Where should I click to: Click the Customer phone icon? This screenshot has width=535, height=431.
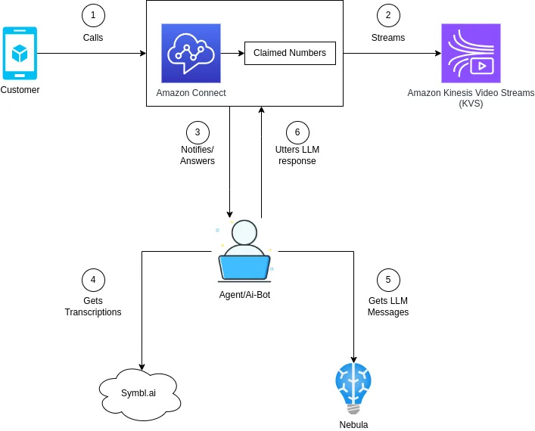(20, 53)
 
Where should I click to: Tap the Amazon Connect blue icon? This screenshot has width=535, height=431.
(191, 53)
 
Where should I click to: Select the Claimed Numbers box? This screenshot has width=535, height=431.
(290, 53)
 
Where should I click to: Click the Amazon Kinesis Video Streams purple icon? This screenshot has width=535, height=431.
(471, 53)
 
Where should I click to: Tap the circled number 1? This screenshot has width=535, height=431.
(93, 15)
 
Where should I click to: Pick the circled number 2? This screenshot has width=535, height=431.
(388, 15)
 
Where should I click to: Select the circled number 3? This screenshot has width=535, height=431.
(198, 132)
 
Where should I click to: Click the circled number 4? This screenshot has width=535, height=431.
(93, 280)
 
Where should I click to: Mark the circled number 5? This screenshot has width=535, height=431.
(388, 280)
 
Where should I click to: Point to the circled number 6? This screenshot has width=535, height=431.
(297, 132)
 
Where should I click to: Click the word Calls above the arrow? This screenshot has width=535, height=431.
(93, 37)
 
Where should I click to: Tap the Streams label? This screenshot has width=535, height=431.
(388, 37)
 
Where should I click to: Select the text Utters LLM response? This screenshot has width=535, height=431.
(297, 155)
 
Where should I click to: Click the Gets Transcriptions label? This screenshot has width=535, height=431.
(93, 306)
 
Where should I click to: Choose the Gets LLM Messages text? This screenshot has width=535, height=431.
(388, 306)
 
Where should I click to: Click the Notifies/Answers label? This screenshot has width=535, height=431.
(198, 155)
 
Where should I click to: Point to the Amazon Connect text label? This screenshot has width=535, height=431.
(191, 93)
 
